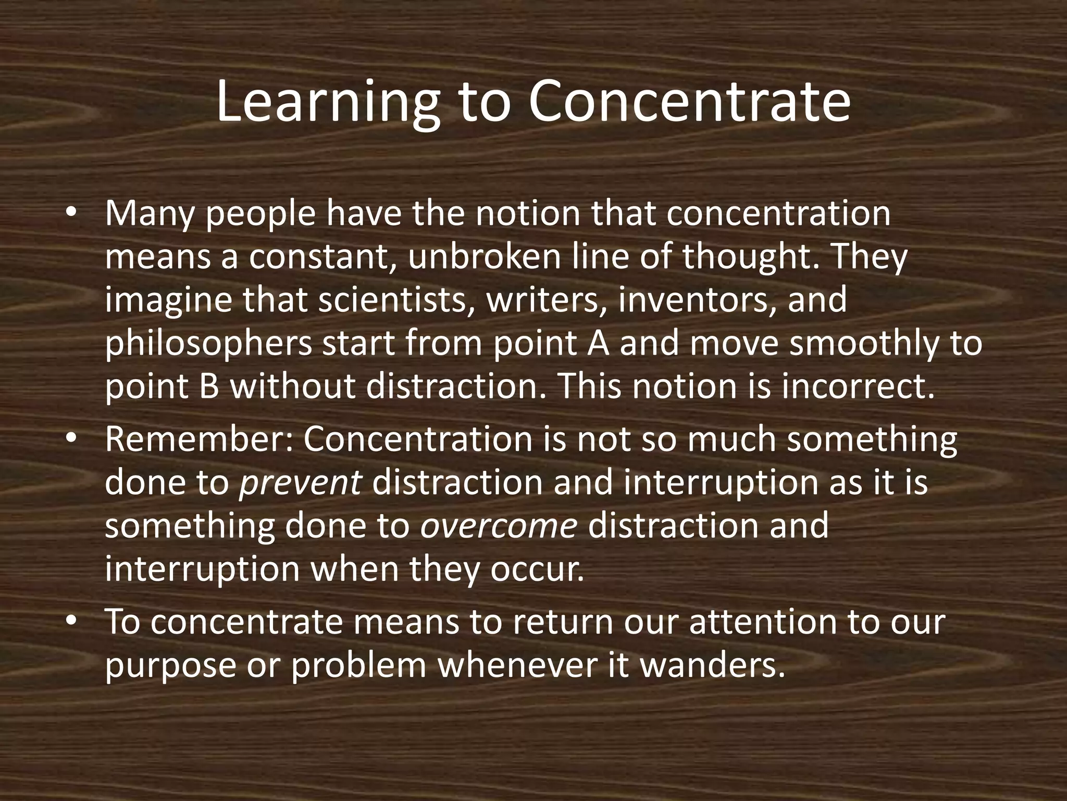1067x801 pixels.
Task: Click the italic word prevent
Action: [x=300, y=483]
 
